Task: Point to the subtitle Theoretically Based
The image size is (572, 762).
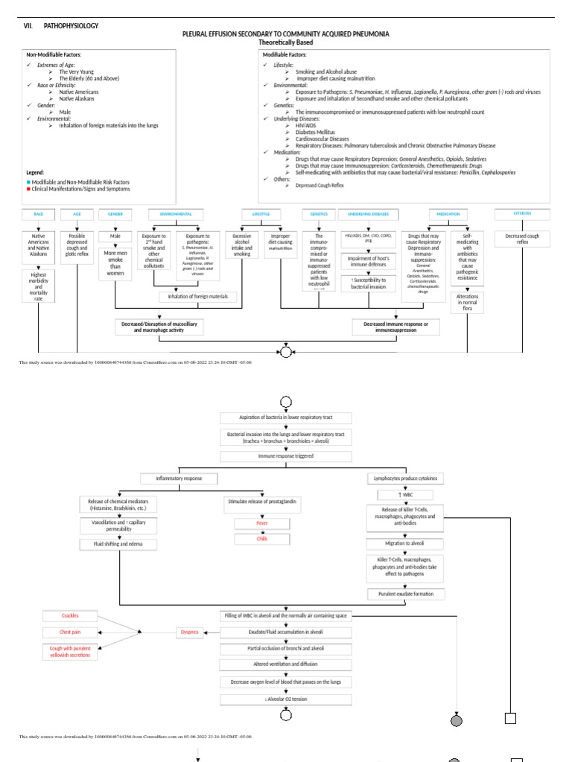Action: pyautogui.click(x=286, y=42)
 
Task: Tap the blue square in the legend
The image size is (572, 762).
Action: pyautogui.click(x=28, y=182)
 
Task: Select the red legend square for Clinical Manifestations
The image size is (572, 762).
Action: pyautogui.click(x=28, y=189)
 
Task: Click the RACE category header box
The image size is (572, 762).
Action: pyautogui.click(x=38, y=214)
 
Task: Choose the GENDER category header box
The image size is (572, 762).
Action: pyautogui.click(x=115, y=214)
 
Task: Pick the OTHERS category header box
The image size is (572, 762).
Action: pyautogui.click(x=522, y=214)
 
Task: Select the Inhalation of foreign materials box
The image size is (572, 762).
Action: pyautogui.click(x=198, y=297)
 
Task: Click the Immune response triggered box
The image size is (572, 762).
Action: pyautogui.click(x=286, y=455)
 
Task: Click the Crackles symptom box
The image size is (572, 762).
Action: pyautogui.click(x=70, y=615)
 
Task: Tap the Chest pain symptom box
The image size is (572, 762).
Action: pyautogui.click(x=70, y=632)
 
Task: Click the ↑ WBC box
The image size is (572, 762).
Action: pyautogui.click(x=401, y=495)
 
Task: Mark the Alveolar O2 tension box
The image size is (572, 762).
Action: pyautogui.click(x=286, y=699)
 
